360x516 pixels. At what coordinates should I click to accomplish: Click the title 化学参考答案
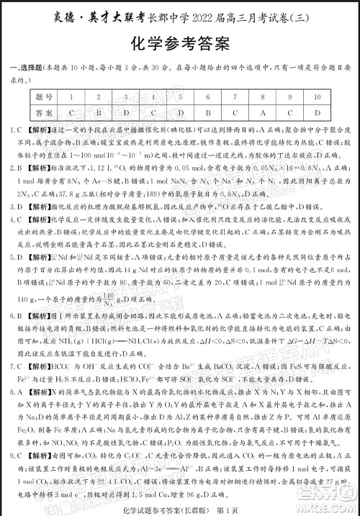coord(180,45)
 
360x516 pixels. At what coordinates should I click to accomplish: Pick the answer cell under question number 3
coord(125,114)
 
